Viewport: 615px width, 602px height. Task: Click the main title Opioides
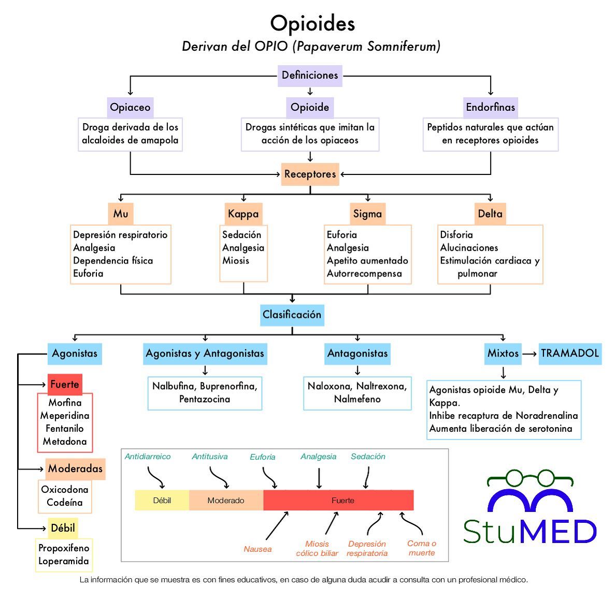click(312, 23)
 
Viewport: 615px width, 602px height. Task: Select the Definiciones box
click(310, 75)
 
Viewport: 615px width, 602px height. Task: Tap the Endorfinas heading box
click(490, 107)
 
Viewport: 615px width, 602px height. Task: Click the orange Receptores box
click(310, 174)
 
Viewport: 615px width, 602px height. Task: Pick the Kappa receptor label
click(243, 214)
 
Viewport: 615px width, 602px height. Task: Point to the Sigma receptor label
click(367, 214)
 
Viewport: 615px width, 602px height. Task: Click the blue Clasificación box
click(292, 315)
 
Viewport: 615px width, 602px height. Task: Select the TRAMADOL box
click(570, 354)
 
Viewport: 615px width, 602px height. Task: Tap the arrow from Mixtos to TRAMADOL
click(530, 354)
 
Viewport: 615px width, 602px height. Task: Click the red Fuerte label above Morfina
click(65, 384)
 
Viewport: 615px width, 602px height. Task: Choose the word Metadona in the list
click(65, 442)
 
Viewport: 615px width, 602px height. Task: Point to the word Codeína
click(65, 503)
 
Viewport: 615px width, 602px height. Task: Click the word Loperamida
click(64, 561)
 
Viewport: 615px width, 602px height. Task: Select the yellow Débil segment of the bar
click(162, 501)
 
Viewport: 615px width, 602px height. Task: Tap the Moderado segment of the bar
click(226, 501)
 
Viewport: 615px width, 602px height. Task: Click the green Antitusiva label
click(210, 457)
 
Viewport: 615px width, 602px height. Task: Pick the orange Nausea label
click(258, 549)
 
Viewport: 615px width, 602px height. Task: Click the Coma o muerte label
click(422, 548)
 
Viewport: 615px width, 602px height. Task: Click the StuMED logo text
click(530, 532)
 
